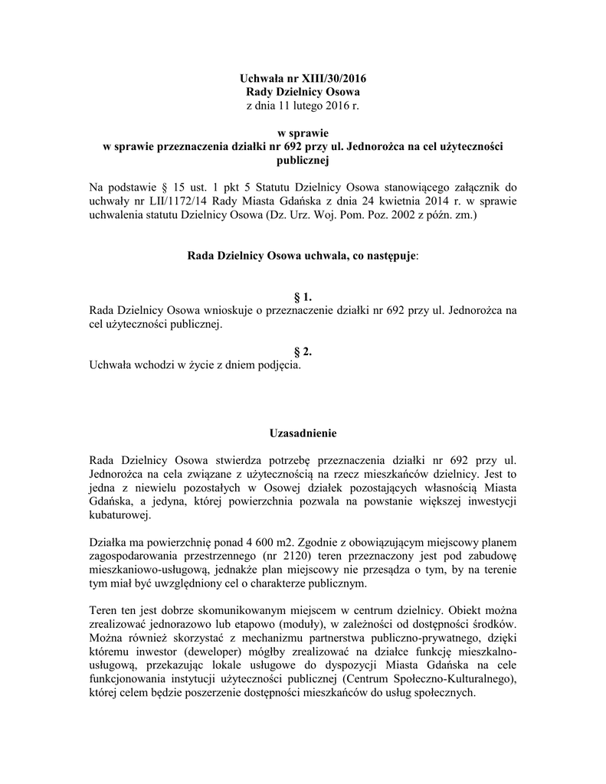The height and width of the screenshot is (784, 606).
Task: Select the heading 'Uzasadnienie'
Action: coord(303,434)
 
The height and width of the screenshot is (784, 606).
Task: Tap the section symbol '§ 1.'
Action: coord(303,297)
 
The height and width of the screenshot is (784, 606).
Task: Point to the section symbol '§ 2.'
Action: coord(303,351)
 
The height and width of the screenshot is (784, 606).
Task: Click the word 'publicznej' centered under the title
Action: coord(303,159)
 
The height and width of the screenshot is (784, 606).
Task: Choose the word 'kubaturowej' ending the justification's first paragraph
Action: coord(122,515)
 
